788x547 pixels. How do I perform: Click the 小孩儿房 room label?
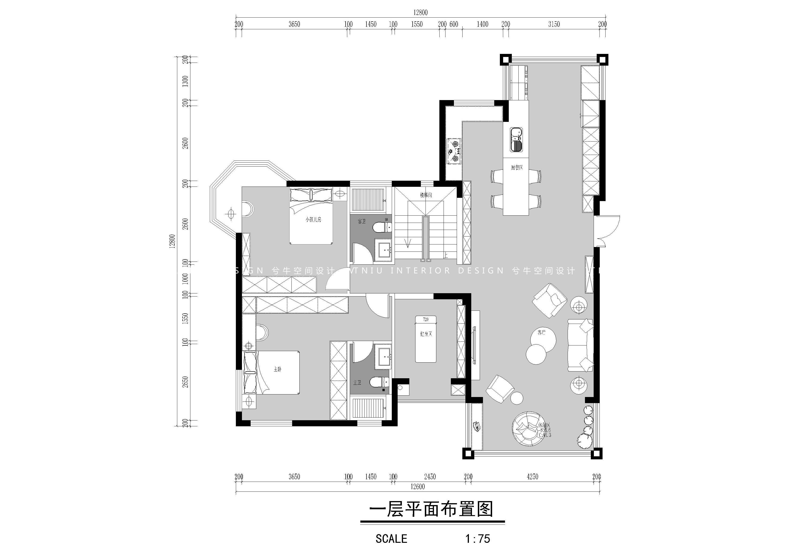[313, 219]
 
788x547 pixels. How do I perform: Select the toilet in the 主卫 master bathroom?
[379, 382]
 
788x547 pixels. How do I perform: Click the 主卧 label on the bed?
[277, 369]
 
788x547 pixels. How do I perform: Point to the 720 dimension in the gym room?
[426, 319]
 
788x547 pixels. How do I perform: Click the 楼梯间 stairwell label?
[426, 195]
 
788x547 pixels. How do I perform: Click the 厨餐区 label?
[517, 168]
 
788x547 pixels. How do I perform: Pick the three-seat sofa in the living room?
[580, 345]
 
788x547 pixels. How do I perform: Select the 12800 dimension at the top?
[420, 13]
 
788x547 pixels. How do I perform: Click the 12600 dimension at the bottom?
[417, 487]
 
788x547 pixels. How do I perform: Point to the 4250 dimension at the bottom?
[532, 476]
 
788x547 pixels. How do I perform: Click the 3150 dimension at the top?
[554, 24]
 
